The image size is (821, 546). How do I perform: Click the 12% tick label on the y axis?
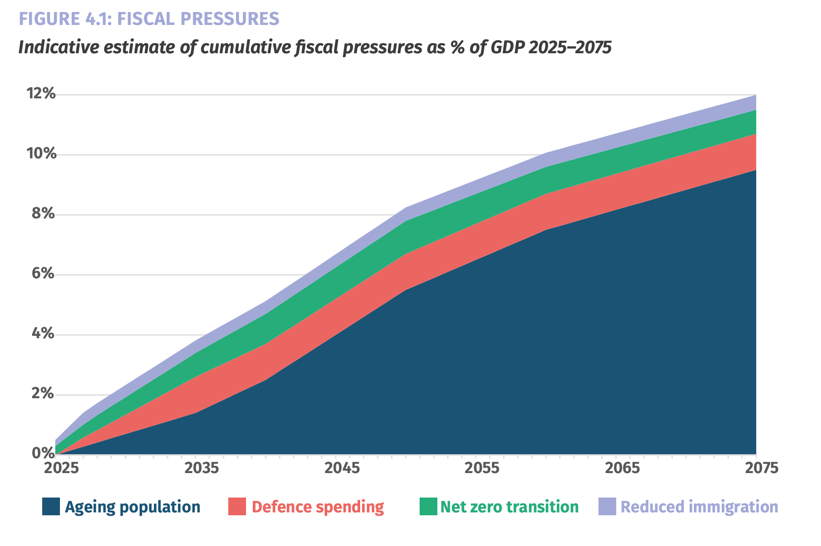click(x=41, y=93)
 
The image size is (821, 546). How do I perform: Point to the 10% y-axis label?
click(x=41, y=153)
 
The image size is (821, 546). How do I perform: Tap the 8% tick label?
click(x=43, y=213)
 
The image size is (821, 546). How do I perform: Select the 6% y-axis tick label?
click(x=43, y=273)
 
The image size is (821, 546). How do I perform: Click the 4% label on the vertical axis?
click(x=43, y=333)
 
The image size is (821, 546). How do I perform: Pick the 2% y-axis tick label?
click(x=43, y=393)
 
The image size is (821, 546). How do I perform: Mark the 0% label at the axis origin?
click(x=43, y=453)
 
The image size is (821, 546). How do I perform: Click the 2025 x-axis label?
click(x=61, y=468)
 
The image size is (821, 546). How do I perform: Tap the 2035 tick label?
click(x=201, y=468)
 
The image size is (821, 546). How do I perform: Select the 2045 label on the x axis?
click(x=342, y=468)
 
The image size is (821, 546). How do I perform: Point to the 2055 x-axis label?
click(x=482, y=468)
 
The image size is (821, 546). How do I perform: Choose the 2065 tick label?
click(x=622, y=468)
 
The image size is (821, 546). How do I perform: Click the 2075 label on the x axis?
click(x=762, y=468)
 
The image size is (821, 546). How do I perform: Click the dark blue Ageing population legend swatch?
click(x=51, y=506)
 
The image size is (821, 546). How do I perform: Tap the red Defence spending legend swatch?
click(x=237, y=506)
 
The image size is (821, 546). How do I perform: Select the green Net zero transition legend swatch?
click(x=428, y=506)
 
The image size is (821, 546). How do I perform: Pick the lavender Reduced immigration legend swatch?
click(x=607, y=506)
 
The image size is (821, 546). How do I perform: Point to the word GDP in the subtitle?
click(x=508, y=47)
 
